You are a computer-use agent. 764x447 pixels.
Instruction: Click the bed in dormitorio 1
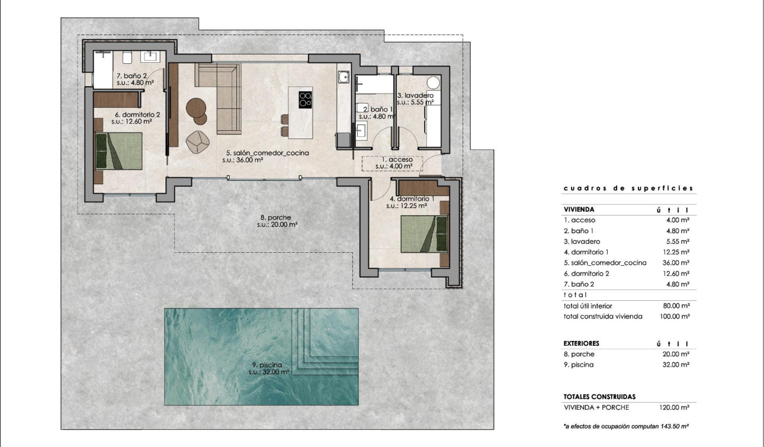tap(423, 234)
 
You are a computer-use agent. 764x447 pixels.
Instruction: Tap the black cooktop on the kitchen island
tap(306, 99)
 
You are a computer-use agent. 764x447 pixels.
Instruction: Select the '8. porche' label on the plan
tap(277, 220)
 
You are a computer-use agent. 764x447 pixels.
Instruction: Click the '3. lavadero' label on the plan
tap(415, 98)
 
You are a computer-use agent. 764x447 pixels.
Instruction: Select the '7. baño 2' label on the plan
tap(135, 79)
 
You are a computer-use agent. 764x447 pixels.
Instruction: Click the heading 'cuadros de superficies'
tap(628, 188)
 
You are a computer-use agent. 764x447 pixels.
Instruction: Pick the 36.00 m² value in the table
tap(676, 262)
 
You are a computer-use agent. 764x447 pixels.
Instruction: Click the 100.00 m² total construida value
tap(675, 316)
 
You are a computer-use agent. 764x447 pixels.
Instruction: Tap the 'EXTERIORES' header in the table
tap(581, 343)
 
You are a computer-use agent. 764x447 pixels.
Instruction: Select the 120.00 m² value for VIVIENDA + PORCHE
tap(675, 407)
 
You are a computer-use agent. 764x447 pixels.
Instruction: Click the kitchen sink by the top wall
tap(343, 76)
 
